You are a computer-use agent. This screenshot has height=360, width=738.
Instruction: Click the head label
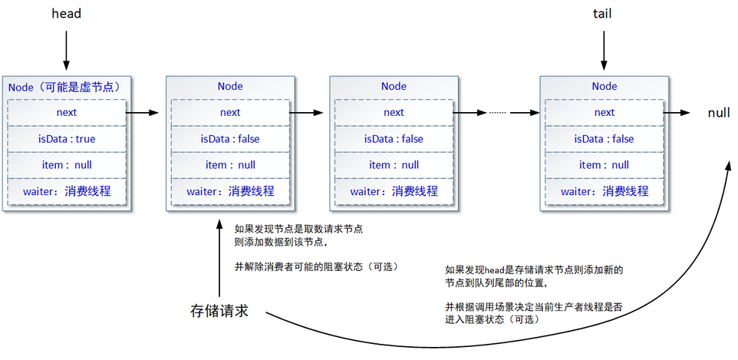[x=66, y=14]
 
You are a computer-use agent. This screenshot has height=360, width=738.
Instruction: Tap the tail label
[x=604, y=14]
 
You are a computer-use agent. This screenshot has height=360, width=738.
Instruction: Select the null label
[x=718, y=113]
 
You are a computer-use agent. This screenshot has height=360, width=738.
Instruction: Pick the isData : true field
[x=66, y=139]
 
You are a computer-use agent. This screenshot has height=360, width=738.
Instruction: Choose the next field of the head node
[x=66, y=113]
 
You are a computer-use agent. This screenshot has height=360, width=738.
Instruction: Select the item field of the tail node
[x=604, y=165]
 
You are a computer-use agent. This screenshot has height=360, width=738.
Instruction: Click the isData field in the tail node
[x=604, y=139]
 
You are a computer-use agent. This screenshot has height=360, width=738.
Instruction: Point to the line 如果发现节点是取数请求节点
[x=299, y=229]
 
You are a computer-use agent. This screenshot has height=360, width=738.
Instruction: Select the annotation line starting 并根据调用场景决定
[x=534, y=307]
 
